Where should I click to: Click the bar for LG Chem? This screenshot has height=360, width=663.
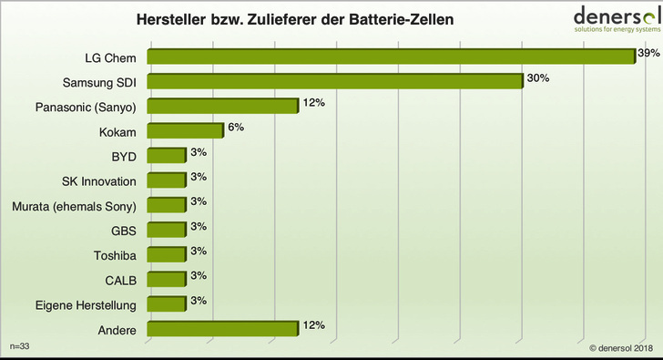point(390,57)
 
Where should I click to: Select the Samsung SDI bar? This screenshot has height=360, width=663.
point(334,81)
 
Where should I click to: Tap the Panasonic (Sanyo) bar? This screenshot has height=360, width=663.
point(222,107)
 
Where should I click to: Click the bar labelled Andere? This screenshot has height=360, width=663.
point(222,329)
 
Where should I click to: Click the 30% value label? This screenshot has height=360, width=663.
point(538,79)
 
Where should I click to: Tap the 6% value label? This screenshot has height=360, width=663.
point(235,128)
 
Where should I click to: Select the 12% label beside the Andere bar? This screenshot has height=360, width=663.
point(314,325)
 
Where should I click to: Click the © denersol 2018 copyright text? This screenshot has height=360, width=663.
point(614,347)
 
